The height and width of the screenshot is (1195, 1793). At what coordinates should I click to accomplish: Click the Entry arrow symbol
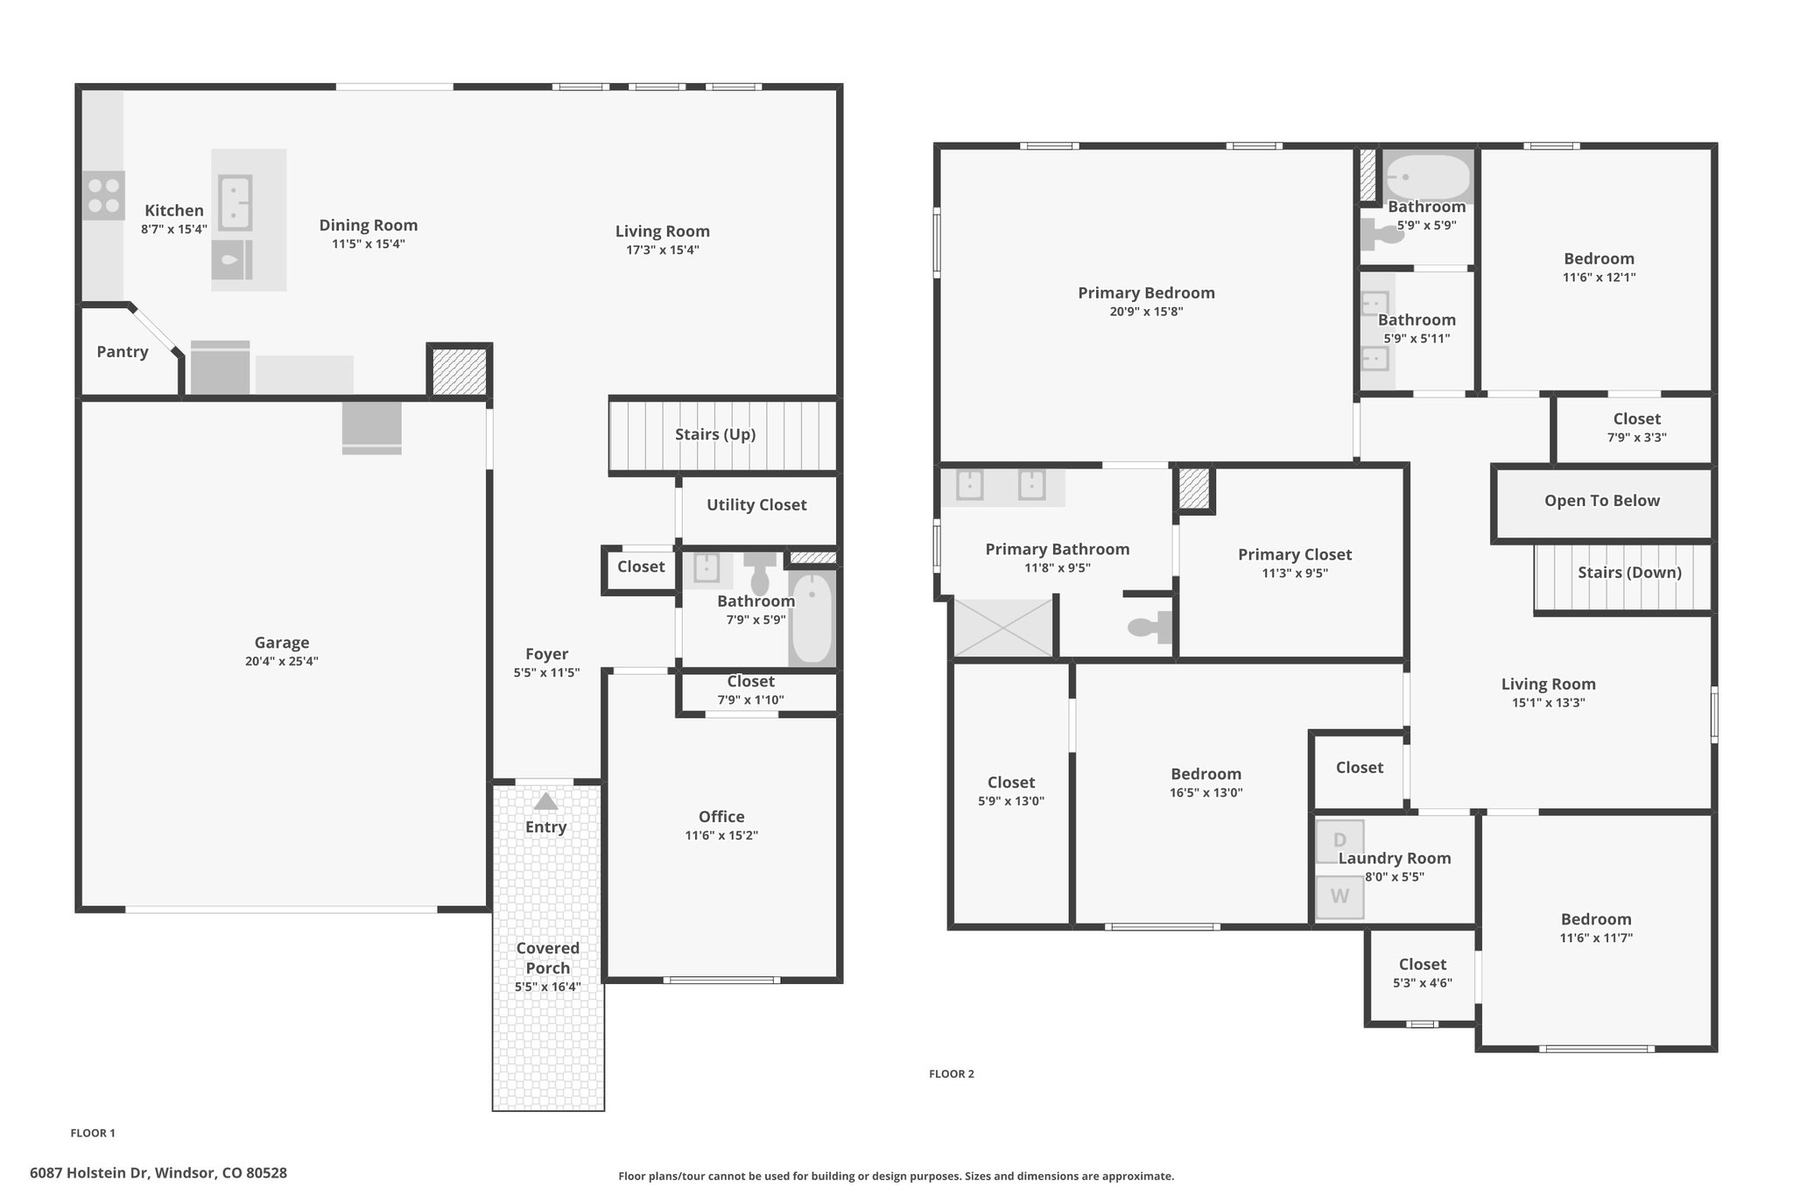[545, 801]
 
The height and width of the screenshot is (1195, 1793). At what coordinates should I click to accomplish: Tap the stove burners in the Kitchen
[104, 195]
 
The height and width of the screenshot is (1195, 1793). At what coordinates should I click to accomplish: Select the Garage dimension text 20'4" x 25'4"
[282, 661]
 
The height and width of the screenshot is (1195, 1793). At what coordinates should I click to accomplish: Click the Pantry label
[123, 352]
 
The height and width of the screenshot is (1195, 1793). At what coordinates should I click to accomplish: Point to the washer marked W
[1339, 897]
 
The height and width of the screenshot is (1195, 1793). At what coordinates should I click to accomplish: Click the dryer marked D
[1339, 841]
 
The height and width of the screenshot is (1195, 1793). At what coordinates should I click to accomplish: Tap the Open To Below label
[1602, 501]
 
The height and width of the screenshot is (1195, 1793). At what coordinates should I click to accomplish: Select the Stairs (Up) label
[715, 434]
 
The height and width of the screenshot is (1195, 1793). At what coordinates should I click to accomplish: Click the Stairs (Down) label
[1629, 573]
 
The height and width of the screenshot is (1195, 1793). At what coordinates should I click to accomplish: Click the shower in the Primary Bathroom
[1002, 628]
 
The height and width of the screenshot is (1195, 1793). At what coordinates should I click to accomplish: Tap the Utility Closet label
[756, 505]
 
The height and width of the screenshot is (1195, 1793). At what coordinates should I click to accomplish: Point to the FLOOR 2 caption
[952, 1074]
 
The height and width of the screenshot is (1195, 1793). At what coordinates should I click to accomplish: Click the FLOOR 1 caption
[93, 1133]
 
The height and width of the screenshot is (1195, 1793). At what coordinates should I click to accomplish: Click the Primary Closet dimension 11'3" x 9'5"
[1295, 573]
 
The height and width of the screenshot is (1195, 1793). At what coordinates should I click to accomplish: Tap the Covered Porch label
[548, 958]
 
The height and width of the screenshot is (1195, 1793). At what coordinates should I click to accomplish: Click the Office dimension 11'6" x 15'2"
[721, 835]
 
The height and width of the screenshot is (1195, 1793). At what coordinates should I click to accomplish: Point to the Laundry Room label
[1395, 859]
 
